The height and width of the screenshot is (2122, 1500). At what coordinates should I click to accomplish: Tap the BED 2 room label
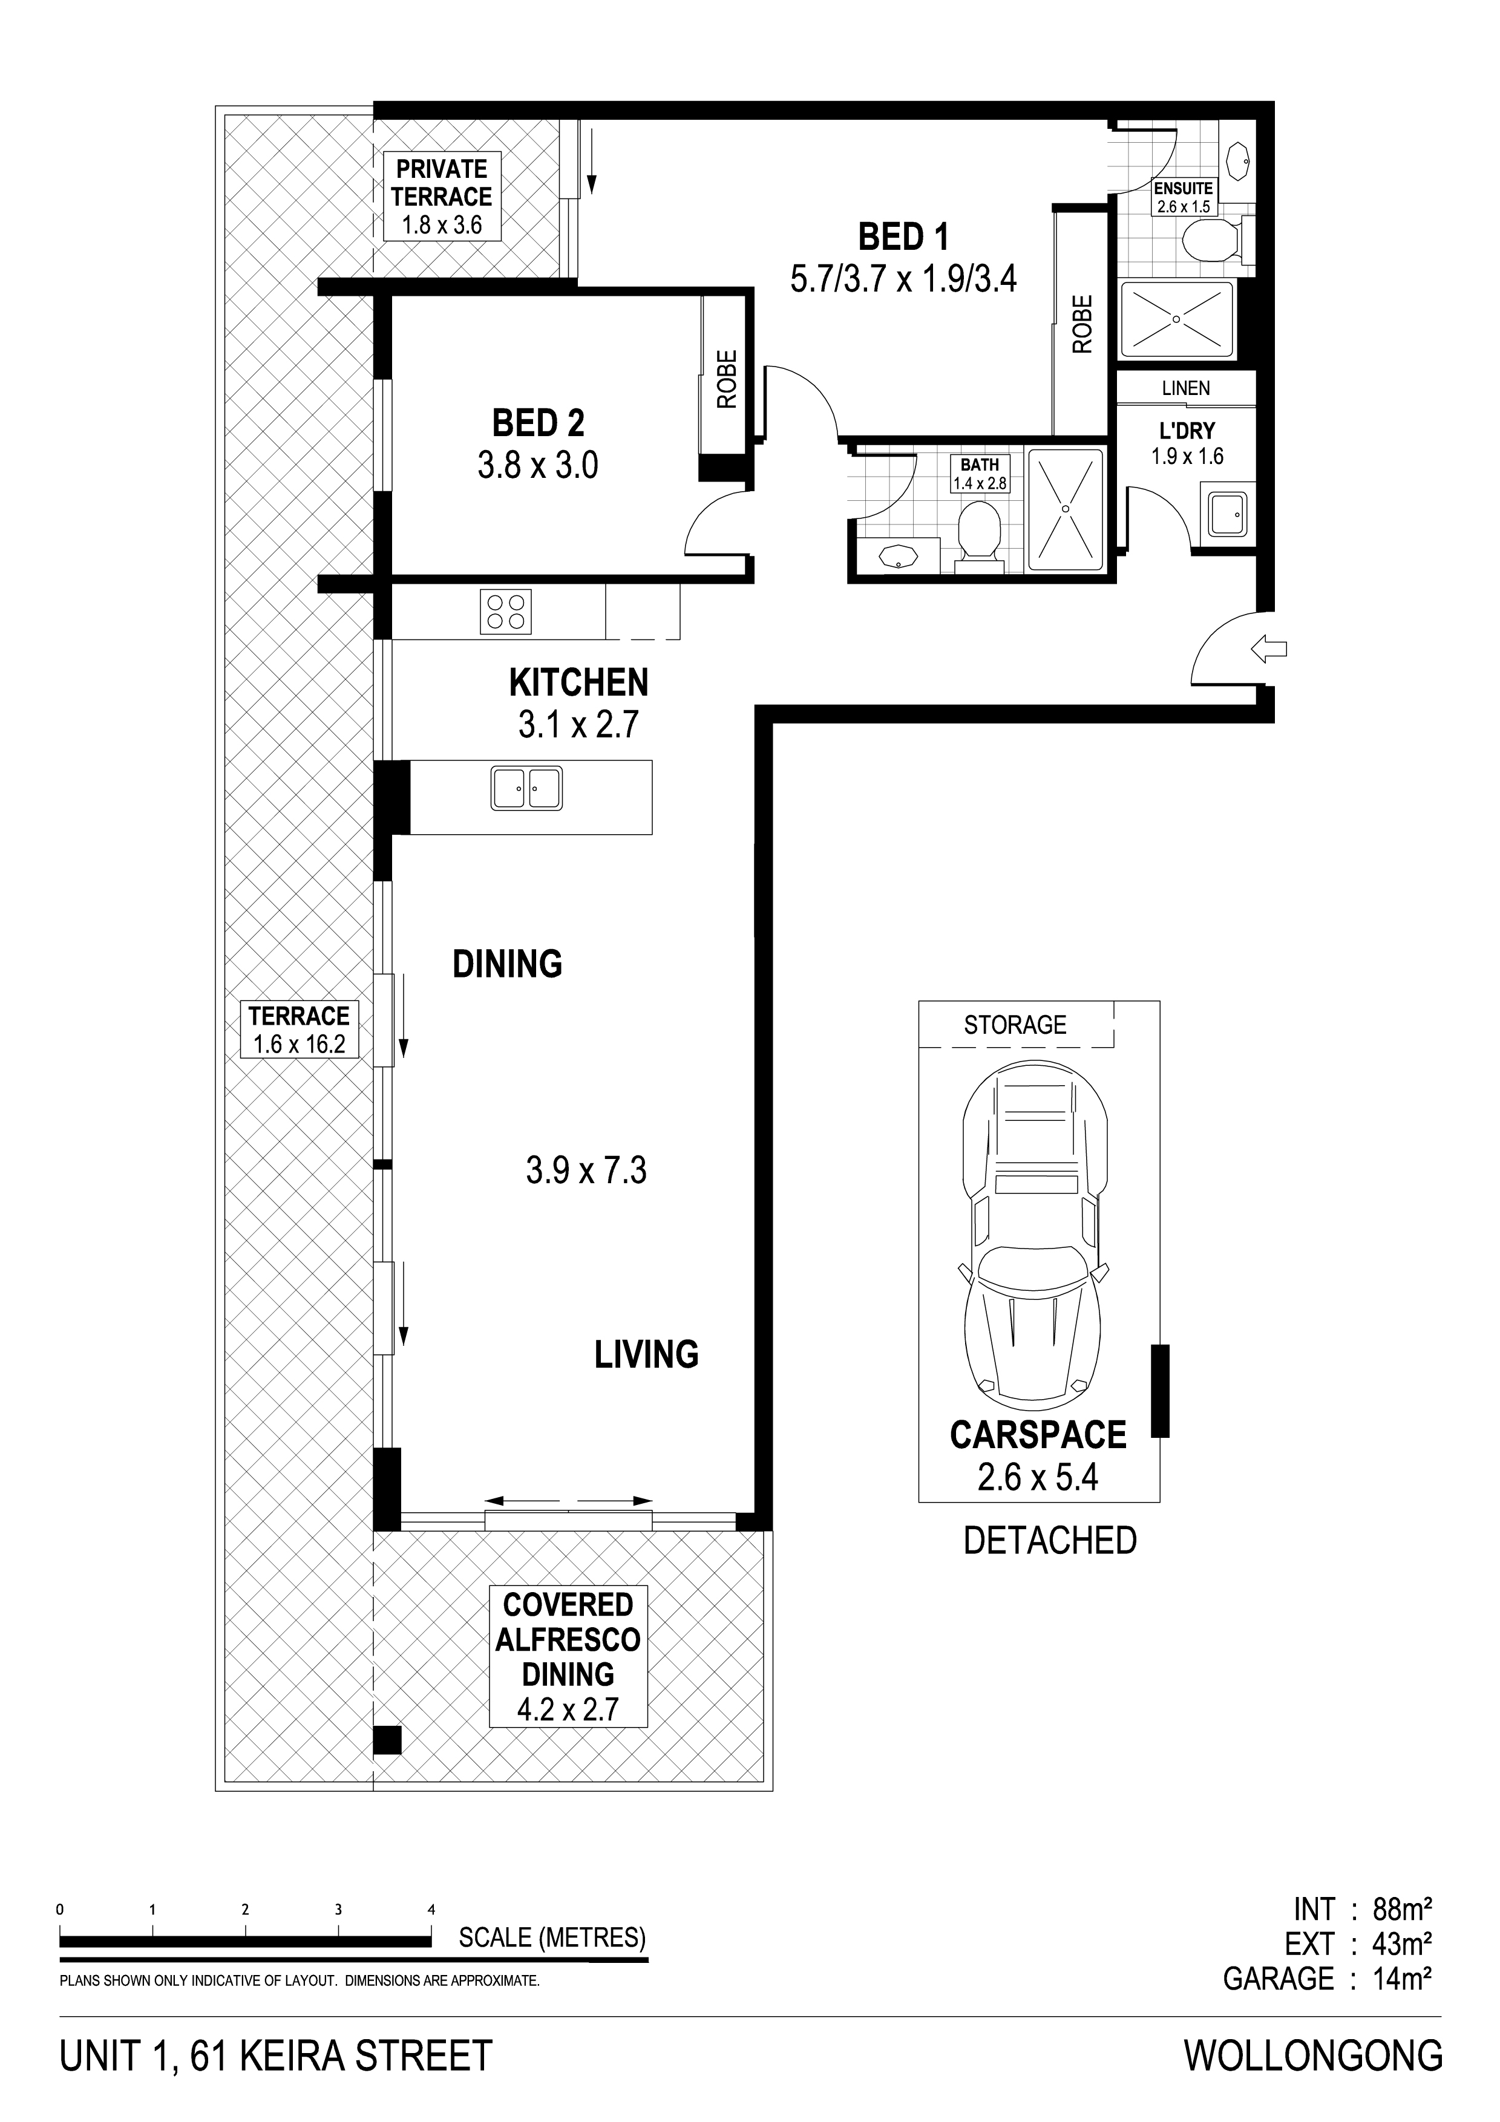(x=538, y=423)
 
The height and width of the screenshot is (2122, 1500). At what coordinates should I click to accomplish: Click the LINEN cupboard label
(x=1186, y=388)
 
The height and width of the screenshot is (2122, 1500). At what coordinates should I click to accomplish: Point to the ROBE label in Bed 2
(x=727, y=379)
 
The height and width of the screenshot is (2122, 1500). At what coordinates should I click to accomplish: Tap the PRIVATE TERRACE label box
(x=442, y=197)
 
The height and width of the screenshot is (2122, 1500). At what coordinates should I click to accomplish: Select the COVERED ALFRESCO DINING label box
(x=568, y=1657)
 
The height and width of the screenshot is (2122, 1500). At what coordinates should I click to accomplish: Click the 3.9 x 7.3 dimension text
(x=586, y=1171)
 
